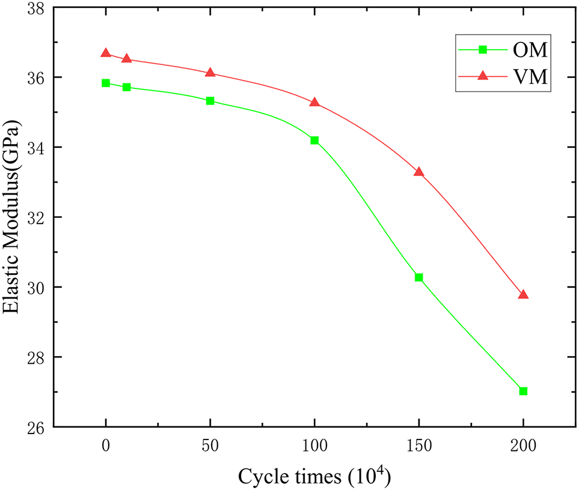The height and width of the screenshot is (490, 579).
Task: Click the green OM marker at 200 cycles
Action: (523, 391)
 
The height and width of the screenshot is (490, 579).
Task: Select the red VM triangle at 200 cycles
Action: (523, 295)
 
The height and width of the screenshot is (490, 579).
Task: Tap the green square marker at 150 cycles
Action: (419, 277)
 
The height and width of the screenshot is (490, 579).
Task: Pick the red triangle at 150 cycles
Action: (419, 172)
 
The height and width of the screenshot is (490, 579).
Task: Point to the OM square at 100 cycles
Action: (314, 141)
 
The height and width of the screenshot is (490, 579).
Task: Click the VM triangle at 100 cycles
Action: (314, 103)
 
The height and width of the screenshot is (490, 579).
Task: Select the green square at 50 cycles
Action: (210, 101)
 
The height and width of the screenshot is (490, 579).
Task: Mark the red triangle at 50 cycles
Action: (210, 73)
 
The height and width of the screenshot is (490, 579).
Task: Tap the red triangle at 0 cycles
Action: (106, 53)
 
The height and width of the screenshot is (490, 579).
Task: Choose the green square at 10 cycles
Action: (127, 87)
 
